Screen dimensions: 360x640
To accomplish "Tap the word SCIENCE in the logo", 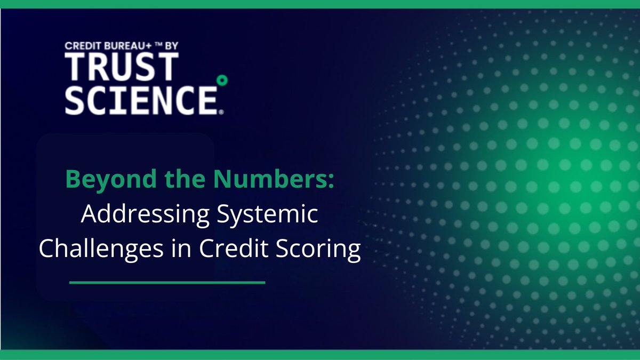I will point(140,99).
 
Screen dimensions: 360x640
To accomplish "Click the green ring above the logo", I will point(223,81).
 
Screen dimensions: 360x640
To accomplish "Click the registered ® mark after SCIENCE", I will point(221,112).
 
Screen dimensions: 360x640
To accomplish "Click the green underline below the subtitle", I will point(167,283).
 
